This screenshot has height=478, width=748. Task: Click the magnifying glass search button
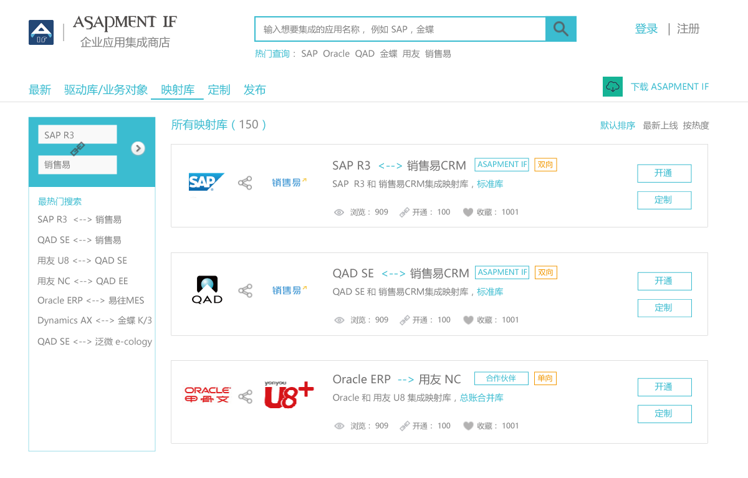click(x=561, y=29)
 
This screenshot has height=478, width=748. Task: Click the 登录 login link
click(x=646, y=29)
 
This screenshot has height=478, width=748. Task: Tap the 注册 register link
click(x=688, y=29)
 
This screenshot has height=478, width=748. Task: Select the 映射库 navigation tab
click(x=178, y=90)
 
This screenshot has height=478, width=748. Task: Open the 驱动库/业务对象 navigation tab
click(x=106, y=90)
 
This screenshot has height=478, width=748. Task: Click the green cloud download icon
click(x=612, y=87)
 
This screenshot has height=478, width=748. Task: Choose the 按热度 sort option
click(x=696, y=125)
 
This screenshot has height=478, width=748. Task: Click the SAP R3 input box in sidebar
click(x=77, y=135)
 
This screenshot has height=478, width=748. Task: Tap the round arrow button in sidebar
click(x=138, y=148)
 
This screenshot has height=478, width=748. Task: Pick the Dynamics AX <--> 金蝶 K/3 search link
click(x=95, y=320)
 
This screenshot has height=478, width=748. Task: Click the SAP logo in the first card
click(x=206, y=182)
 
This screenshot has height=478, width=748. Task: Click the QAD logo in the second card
click(x=207, y=290)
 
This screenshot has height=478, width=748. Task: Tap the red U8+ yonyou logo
click(x=289, y=394)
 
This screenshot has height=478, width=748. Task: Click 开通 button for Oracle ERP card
click(x=664, y=387)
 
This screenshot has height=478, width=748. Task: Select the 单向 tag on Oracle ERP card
click(x=545, y=378)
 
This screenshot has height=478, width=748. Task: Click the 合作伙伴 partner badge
click(x=501, y=378)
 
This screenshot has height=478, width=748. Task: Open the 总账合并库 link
click(x=481, y=398)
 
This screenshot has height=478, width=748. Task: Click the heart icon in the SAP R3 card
click(x=468, y=213)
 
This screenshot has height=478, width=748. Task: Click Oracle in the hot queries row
click(x=336, y=54)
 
